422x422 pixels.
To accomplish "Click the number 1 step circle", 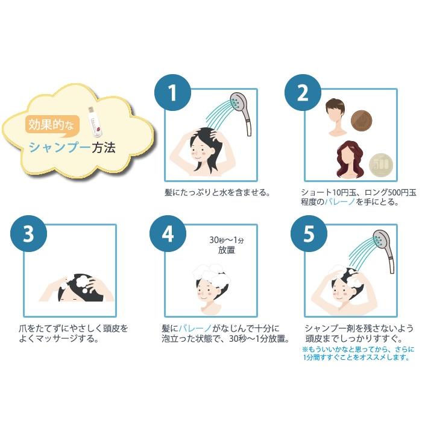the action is pyautogui.click(x=172, y=93).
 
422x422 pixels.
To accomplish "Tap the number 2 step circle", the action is pyautogui.click(x=303, y=93).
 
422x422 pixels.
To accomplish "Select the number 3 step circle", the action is pyautogui.click(x=28, y=234).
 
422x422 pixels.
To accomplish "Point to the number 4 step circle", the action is pyautogui.click(x=168, y=234).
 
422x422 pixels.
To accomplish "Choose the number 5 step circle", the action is pyautogui.click(x=309, y=234).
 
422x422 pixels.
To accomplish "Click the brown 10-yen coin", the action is pyautogui.click(x=362, y=121).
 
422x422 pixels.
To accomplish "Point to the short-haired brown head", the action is pyautogui.click(x=335, y=117).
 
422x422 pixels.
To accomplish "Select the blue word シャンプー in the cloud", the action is pyautogui.click(x=60, y=148).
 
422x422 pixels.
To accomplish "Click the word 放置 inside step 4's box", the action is pyautogui.click(x=226, y=250).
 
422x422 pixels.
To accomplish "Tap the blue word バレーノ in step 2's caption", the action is pyautogui.click(x=340, y=201).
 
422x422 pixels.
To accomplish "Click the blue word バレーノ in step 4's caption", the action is pyautogui.click(x=195, y=329).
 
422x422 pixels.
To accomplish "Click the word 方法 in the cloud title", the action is pyautogui.click(x=104, y=148).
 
